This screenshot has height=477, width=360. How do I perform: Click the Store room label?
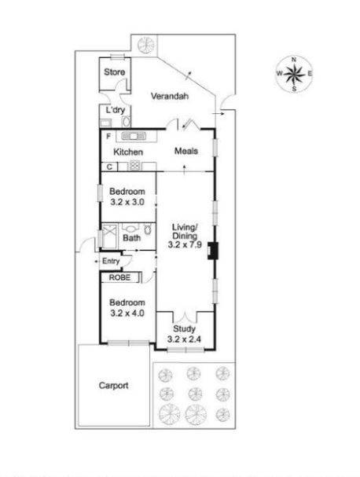116,72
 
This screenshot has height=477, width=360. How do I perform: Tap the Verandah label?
170,97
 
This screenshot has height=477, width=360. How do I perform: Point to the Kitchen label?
127,152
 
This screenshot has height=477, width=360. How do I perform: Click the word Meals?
186,151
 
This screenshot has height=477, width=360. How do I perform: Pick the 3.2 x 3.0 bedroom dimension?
127,203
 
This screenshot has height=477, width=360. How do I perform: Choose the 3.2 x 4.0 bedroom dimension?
127,314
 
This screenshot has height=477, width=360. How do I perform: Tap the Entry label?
110,261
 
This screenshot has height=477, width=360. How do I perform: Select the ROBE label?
119,277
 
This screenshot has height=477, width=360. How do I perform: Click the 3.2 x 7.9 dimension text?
186,244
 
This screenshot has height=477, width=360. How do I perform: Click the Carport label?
114,386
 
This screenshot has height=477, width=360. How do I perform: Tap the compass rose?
293,75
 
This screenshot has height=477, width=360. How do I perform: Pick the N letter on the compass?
294,60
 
